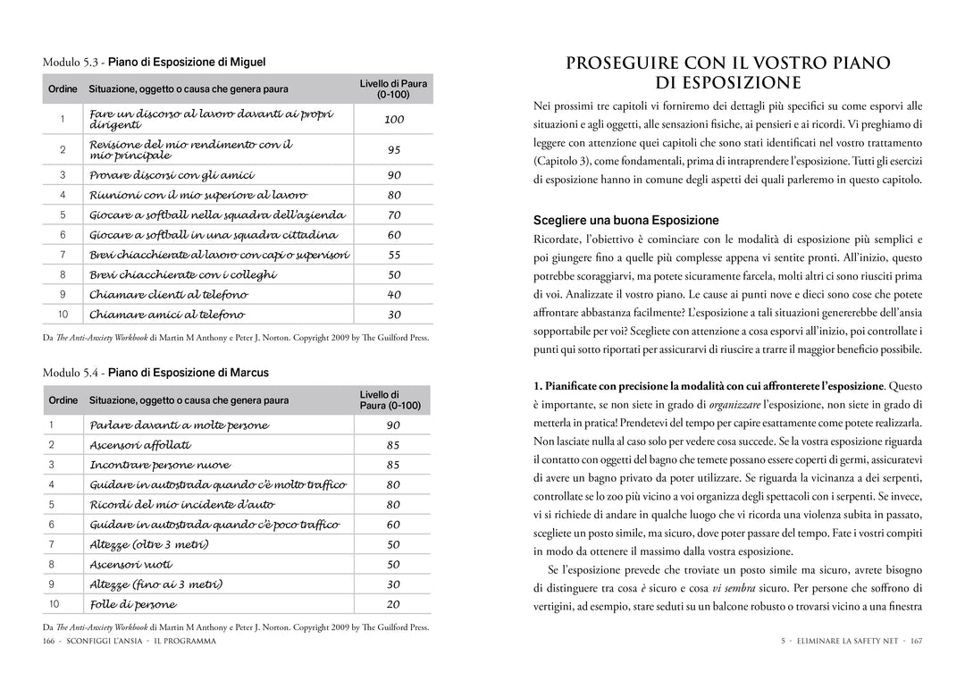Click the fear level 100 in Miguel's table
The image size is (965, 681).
[394, 120]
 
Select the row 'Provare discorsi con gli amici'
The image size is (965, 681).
[172, 175]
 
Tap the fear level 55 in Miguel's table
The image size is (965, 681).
[394, 256]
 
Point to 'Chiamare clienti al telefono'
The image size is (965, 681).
[168, 295]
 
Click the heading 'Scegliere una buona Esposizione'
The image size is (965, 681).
[625, 220]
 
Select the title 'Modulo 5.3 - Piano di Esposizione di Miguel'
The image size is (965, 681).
[154, 62]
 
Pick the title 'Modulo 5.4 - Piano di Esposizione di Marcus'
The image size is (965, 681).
[155, 372]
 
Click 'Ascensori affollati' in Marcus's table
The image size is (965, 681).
[140, 445]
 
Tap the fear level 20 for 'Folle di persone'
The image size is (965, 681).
[393, 605]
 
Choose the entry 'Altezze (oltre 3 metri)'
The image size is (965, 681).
[149, 544]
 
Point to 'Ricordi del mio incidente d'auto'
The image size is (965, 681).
[182, 505]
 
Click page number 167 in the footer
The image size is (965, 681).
[916, 642]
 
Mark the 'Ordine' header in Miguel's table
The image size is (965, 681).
[63, 88]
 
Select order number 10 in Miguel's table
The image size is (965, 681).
[63, 315]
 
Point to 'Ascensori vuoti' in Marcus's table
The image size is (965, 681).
[131, 565]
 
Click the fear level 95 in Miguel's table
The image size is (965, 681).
[394, 150]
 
